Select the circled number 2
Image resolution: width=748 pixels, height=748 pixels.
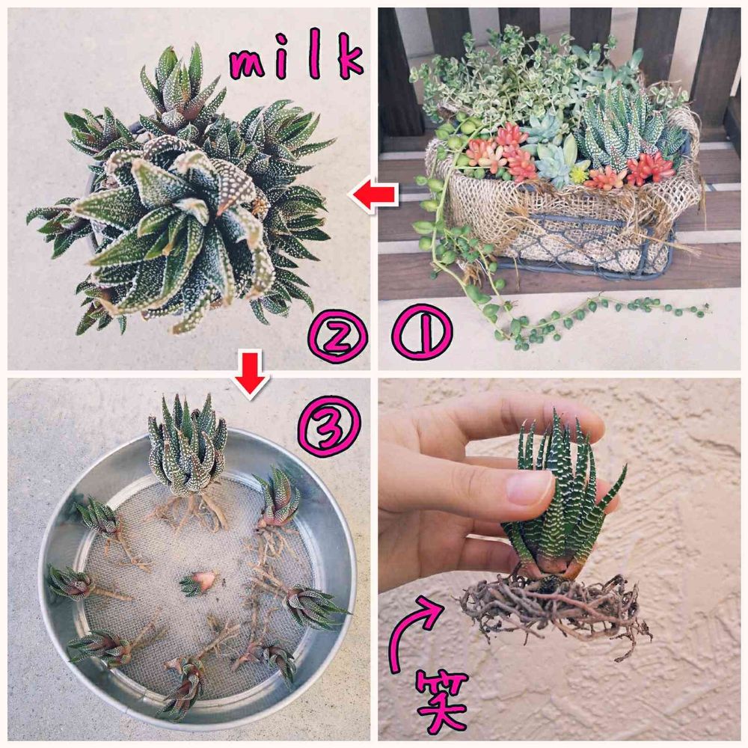click(x=338, y=334)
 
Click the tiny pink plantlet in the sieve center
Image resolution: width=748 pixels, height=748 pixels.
click(x=199, y=583)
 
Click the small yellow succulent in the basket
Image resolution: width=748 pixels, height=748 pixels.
click(x=580, y=173)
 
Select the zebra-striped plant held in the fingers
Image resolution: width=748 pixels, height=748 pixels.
click(x=563, y=501)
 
